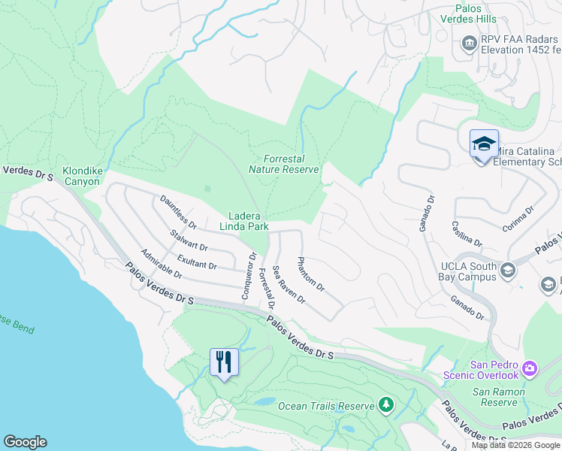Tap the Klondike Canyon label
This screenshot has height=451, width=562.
(81, 176)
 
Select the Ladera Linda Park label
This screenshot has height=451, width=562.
(243, 219)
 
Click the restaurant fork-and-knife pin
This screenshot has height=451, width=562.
(224, 363)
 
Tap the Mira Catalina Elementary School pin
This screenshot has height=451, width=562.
(484, 144)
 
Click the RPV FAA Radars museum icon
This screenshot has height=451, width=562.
(470, 42)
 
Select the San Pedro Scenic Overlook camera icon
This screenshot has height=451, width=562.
(530, 368)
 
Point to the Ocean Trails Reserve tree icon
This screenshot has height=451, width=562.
(386, 405)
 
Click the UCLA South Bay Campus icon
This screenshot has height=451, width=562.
(508, 270)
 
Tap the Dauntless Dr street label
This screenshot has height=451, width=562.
(178, 212)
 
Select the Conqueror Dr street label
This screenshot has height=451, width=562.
(249, 275)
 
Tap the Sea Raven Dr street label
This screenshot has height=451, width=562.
(289, 284)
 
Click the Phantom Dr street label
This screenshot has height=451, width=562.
(310, 274)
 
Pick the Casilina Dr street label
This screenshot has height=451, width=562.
(467, 233)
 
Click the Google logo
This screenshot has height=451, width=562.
(25, 442)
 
